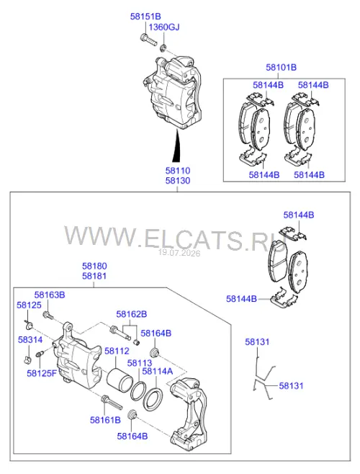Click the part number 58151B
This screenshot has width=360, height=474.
pyautogui.click(x=145, y=17)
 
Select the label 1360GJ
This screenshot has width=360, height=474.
pyautogui.click(x=164, y=27)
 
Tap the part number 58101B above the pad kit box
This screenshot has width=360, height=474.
pyautogui.click(x=281, y=67)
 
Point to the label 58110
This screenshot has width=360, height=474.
pyautogui.click(x=178, y=171)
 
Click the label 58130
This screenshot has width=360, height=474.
pyautogui.click(x=178, y=181)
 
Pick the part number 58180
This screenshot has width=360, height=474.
pyautogui.click(x=94, y=266)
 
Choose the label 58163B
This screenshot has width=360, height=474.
pyautogui.click(x=50, y=295)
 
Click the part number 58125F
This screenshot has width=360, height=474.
pyautogui.click(x=42, y=373)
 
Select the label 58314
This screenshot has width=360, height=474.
pyautogui.click(x=30, y=340)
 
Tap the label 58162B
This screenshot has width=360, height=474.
pyautogui.click(x=132, y=314)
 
